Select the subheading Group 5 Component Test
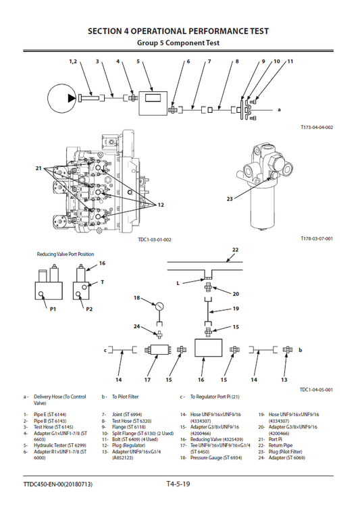coord(178,43)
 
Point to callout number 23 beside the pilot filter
coord(230,199)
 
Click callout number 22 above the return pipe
coord(235,250)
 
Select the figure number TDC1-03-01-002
coord(155,239)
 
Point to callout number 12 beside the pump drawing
coord(161,204)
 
